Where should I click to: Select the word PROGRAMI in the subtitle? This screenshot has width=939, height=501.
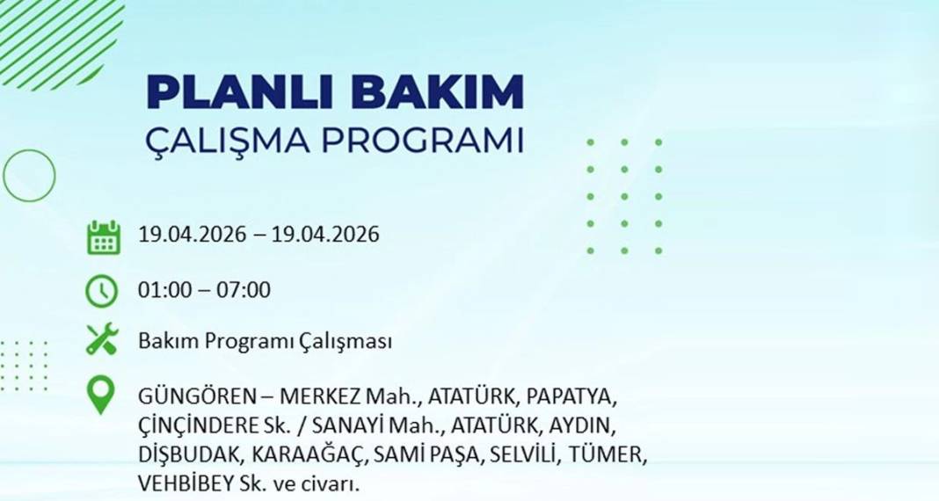[426, 140]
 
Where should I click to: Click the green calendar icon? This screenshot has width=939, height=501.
[103, 237]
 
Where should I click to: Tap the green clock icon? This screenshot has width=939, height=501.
[102, 290]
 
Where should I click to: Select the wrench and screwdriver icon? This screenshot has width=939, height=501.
[102, 339]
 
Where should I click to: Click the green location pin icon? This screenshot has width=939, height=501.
[102, 396]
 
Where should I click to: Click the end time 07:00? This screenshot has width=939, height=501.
[246, 289]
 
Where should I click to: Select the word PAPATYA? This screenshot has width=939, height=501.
[575, 396]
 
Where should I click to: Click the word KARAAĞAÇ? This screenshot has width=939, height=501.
[307, 455]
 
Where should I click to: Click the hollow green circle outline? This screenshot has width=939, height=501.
[29, 175]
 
